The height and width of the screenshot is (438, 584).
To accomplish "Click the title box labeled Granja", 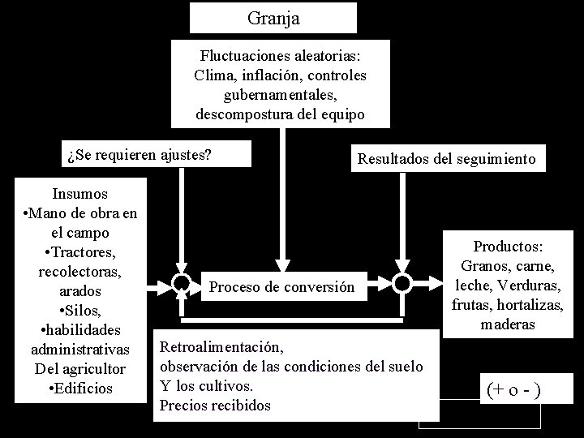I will pos(273,17).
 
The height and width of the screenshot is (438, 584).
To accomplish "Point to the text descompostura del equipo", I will pos(280,114).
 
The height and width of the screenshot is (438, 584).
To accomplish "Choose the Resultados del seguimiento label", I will pos(446,159).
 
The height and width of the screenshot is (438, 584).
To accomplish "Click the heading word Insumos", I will pos(80,194).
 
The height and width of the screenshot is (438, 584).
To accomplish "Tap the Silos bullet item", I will pos(80,311).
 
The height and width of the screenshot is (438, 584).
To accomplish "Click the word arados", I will pos(80,290).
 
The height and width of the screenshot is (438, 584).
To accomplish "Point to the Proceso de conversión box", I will pos(281,287).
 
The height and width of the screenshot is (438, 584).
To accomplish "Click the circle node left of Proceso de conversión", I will pos(181,282).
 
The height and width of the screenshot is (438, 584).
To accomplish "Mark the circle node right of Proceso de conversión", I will pos(401,282).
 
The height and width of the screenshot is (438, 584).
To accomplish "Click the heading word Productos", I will pos(509,247).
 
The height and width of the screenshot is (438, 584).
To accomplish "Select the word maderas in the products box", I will pos(508,324).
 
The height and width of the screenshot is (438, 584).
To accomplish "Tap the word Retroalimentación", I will pos(223,348).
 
